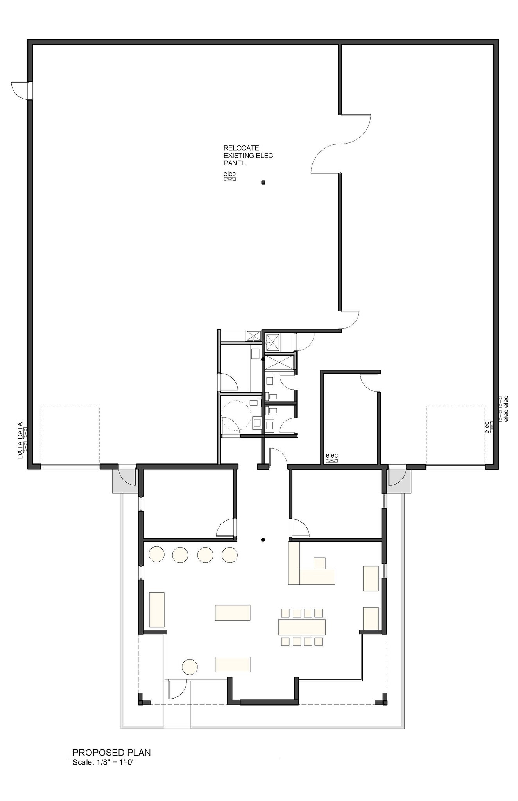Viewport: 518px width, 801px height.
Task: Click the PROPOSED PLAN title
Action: pyautogui.click(x=112, y=752)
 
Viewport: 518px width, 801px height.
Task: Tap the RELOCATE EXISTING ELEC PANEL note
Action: pyautogui.click(x=248, y=155)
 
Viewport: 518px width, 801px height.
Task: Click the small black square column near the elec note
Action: pyautogui.click(x=263, y=182)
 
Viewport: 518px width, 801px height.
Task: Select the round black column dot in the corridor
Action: pyautogui.click(x=263, y=540)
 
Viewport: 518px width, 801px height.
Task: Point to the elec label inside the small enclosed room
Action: pyautogui.click(x=332, y=455)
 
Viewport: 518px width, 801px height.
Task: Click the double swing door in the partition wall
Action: pyautogui.click(x=341, y=144)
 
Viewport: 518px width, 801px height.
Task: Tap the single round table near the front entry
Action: pyautogui.click(x=190, y=666)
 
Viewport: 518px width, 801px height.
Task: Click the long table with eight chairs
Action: pyautogui.click(x=302, y=627)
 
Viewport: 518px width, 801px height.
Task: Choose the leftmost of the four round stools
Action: pyautogui.click(x=156, y=554)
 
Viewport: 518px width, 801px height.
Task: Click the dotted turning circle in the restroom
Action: pyautogui.click(x=236, y=415)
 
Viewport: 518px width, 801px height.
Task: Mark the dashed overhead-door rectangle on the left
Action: pyautogui.click(x=70, y=435)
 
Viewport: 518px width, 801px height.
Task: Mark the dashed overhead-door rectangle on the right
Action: pyautogui.click(x=455, y=435)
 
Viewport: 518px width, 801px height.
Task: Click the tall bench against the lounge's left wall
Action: pyautogui.click(x=157, y=609)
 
